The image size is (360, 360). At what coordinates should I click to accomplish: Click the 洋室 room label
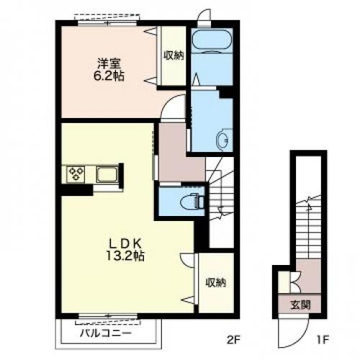109,63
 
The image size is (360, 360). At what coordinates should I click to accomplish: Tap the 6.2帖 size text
109,76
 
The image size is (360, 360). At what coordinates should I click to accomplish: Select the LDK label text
125,244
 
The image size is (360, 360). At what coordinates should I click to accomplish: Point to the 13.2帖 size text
125,256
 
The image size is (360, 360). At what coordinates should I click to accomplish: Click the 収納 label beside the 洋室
174,55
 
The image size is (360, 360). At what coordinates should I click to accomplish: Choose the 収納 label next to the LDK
216,282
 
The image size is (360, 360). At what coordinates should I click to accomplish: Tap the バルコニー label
106,333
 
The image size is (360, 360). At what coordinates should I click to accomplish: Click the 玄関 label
300,305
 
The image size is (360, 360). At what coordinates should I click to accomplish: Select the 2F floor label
233,340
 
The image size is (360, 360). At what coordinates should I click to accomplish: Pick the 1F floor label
322,340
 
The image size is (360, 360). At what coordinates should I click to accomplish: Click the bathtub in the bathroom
212,40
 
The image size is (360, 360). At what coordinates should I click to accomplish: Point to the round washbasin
223,139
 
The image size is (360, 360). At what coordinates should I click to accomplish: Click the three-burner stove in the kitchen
76,174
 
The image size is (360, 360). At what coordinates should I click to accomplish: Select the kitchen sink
107,174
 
